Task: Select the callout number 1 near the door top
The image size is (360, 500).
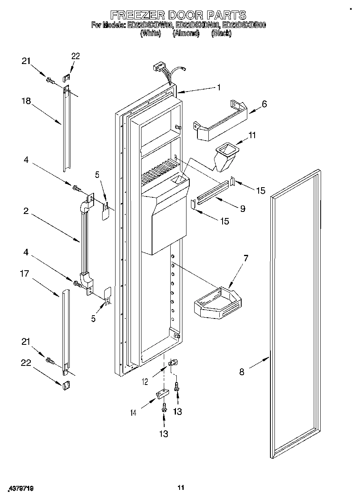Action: [219, 87]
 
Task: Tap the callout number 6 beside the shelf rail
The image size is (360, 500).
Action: [264, 104]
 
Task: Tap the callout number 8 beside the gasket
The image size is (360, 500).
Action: [242, 372]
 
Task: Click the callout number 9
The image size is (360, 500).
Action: [242, 209]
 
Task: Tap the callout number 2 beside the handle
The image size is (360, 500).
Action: [26, 211]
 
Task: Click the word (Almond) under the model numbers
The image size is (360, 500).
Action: [186, 34]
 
